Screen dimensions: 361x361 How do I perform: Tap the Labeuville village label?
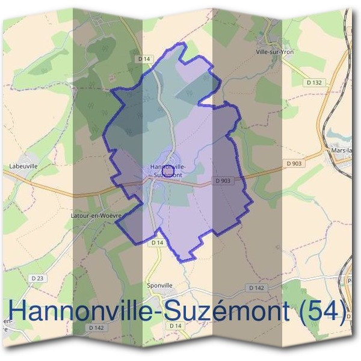(x=23, y=165)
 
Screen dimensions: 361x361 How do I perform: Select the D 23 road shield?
(x=37, y=277)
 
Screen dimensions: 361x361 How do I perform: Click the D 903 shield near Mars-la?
(x=294, y=163)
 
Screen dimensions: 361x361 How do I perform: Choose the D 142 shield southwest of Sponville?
(x=96, y=328)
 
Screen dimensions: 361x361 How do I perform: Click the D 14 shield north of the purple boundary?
(x=143, y=58)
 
